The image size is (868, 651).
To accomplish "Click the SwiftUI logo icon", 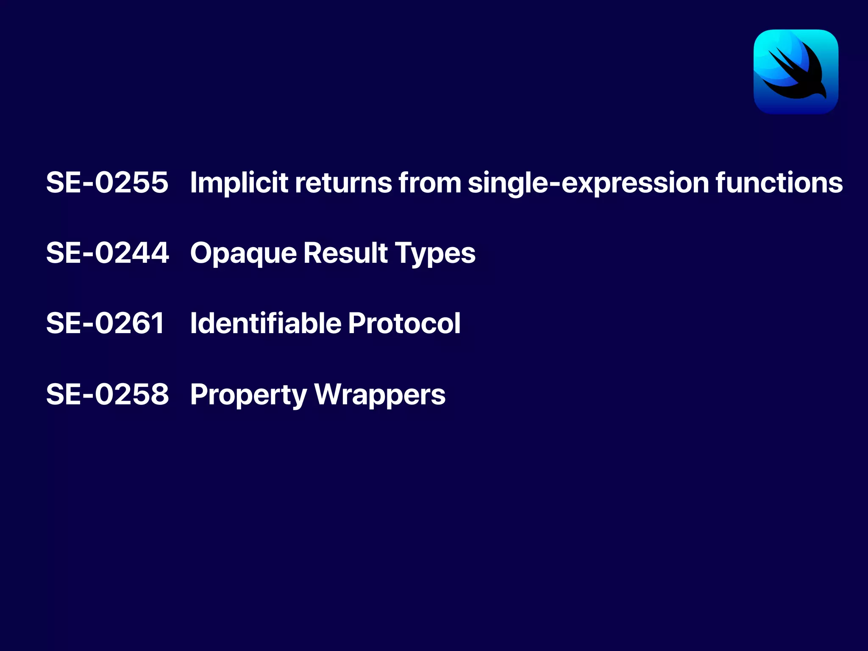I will point(796,72).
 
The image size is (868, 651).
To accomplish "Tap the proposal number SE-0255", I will point(107,183).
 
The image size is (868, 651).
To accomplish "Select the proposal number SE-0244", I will point(107,253).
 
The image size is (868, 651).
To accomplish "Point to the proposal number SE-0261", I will point(105,323).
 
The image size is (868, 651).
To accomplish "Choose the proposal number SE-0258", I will point(107,394).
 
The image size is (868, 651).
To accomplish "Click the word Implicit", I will point(239,183).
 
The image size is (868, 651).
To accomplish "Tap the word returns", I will point(343,183).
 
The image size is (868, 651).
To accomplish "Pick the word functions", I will point(779,183).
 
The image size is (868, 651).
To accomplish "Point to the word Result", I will point(345,253).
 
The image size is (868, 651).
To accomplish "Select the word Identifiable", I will point(266,323).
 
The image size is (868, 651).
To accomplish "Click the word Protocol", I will point(404,323).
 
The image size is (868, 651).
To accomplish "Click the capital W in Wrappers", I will point(329,394).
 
